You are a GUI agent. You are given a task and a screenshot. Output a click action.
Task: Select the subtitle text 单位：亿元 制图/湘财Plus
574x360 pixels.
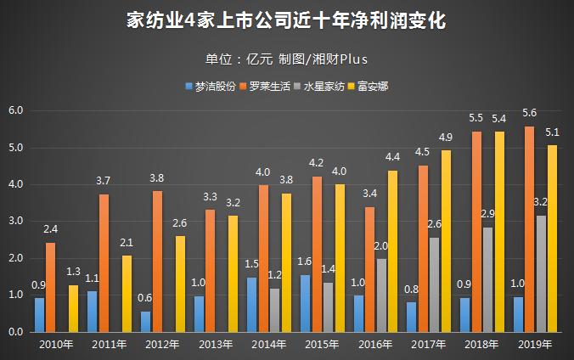pyautogui.click(x=286, y=59)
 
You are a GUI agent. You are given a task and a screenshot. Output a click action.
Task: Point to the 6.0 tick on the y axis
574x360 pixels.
pyautogui.click(x=16, y=111)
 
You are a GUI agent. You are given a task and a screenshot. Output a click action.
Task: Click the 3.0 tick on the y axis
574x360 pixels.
pyautogui.click(x=16, y=222)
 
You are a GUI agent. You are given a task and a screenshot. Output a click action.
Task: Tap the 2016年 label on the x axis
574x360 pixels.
pyautogui.click(x=375, y=344)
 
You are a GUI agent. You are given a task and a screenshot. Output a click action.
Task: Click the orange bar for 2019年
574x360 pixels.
pyautogui.click(x=529, y=229)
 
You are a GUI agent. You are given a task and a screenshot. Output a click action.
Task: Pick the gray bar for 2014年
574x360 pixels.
pyautogui.click(x=274, y=310)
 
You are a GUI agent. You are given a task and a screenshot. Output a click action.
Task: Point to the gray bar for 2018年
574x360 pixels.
pyautogui.click(x=487, y=279)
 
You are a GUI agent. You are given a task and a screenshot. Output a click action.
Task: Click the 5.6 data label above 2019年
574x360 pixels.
pyautogui.click(x=529, y=113)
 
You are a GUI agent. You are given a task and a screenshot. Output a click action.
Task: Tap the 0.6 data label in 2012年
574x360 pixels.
pyautogui.click(x=145, y=298)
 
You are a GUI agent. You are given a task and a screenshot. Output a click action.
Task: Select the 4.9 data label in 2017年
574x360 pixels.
pyautogui.click(x=446, y=137)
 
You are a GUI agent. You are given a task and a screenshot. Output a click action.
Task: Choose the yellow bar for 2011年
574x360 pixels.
pyautogui.click(x=127, y=294)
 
